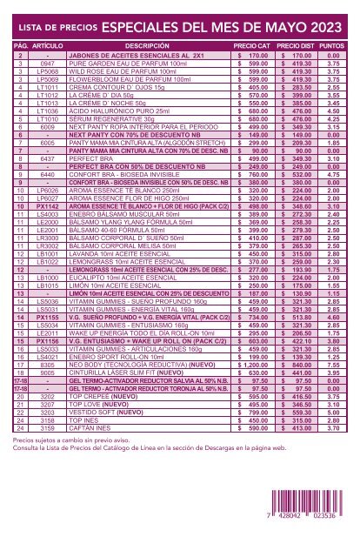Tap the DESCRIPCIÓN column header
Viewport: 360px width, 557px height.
[x=146, y=43]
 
